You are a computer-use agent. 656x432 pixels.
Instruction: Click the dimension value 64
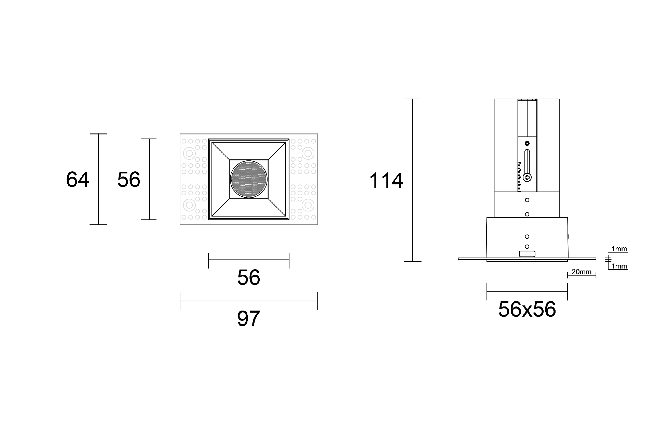78,180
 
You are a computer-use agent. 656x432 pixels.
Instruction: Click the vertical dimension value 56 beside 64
128,180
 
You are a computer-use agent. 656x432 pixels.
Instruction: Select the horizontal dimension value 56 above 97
248,277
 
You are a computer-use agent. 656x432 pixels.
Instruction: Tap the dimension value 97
248,318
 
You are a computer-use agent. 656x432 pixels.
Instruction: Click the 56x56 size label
527,309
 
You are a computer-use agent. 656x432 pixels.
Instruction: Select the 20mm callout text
581,272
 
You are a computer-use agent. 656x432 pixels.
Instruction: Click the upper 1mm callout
619,249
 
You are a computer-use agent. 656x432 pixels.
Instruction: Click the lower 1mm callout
619,266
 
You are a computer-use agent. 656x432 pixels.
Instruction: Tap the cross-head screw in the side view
527,177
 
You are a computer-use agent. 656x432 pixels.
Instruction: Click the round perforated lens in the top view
248,180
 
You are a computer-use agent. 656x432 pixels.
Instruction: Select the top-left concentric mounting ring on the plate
189,153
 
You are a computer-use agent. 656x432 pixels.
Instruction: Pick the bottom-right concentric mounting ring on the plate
308,205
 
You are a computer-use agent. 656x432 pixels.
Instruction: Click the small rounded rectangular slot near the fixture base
527,254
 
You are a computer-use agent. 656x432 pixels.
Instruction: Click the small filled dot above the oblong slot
527,143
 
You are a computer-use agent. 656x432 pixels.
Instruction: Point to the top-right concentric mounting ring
308,153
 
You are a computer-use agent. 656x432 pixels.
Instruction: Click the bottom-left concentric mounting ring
189,205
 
